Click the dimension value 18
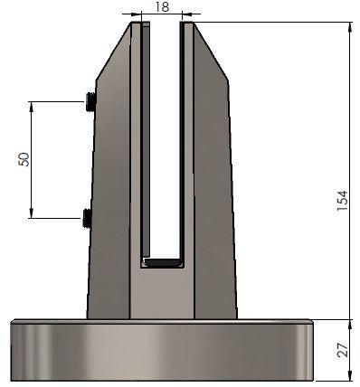pos(162,7)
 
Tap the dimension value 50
pos(24,159)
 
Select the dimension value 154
pos(342,201)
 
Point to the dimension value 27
pos(342,350)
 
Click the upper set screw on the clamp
pos(90,102)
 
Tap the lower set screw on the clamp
pos(87,218)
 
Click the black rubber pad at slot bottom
pos(163,263)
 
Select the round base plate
pos(162,350)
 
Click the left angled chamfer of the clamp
pos(113,52)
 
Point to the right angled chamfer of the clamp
pos(211,52)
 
